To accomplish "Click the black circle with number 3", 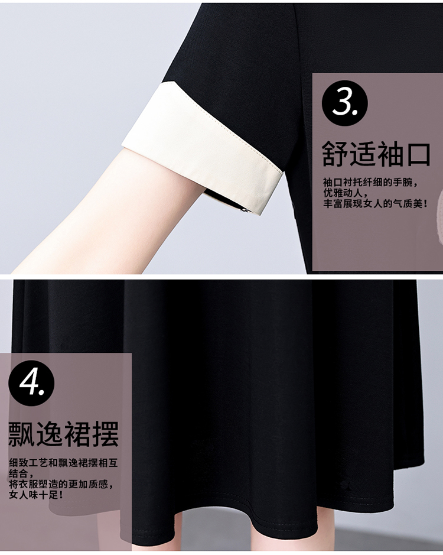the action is point(344,103).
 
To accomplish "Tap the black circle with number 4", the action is point(31,384).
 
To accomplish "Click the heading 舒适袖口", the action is point(376,154).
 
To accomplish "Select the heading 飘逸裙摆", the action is point(63,434).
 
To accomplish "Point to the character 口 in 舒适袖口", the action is point(419,154).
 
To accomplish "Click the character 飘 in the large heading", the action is point(21,434).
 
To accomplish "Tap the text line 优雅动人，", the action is point(346,193).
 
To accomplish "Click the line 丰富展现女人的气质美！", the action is point(376,203).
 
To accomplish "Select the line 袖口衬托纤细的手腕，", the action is point(370,183).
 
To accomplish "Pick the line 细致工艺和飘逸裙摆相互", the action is point(63,463).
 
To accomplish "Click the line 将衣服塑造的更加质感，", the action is point(61,484).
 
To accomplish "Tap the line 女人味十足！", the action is point(37,495).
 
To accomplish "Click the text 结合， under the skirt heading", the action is point(21,473).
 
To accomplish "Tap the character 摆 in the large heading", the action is point(106,434).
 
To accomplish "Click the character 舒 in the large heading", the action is point(334,154).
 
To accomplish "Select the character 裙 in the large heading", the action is point(77,434).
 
